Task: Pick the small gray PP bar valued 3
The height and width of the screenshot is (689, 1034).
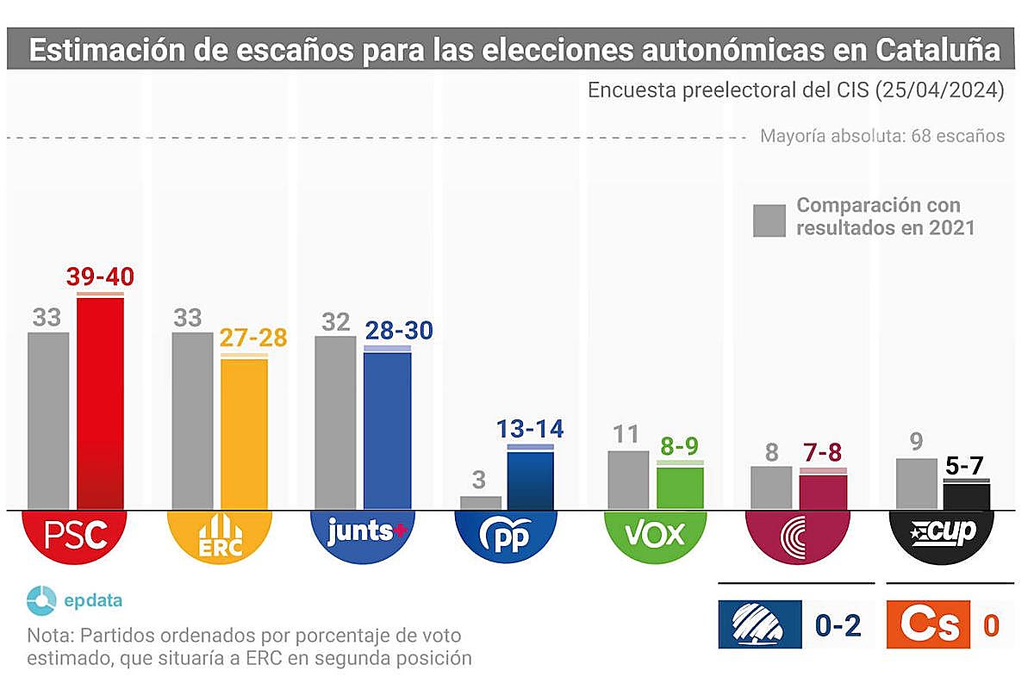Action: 481,502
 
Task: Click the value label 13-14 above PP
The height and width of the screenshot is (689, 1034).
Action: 530,429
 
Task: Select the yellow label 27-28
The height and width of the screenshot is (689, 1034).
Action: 253,338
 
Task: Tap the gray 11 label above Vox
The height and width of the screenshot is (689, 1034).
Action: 628,434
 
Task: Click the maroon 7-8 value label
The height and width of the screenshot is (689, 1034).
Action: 822,452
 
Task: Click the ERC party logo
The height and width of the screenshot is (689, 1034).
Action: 219,536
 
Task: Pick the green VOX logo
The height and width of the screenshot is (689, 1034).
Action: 655,534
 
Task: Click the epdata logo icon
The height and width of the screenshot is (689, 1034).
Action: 41,600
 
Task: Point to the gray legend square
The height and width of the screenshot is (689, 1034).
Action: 769,220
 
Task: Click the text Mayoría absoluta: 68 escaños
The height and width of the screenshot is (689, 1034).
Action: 882,136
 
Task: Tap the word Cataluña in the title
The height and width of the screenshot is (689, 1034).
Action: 937,50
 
